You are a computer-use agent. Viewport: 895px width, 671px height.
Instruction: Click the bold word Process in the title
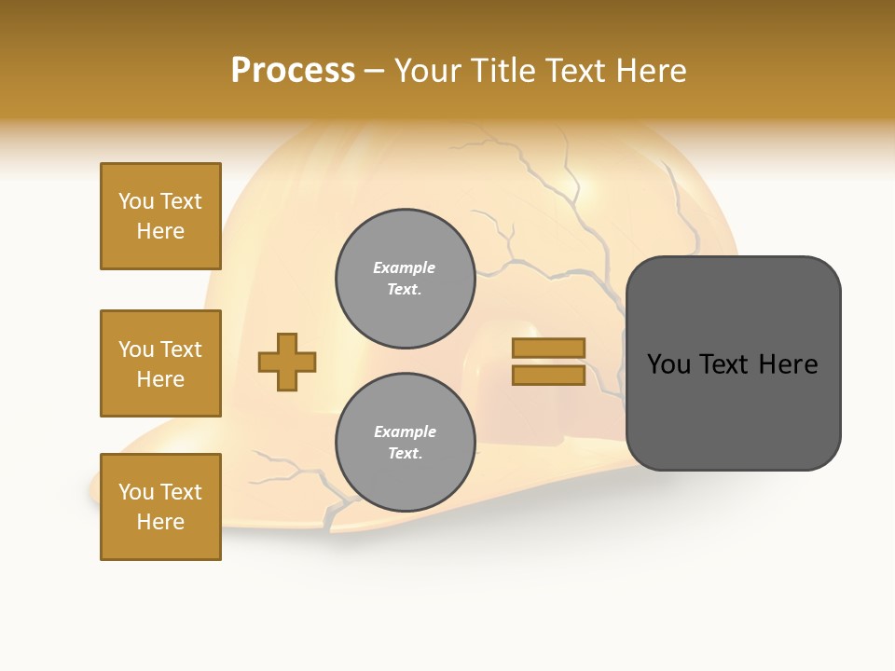click(x=293, y=71)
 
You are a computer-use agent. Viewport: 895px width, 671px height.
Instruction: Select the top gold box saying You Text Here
click(x=160, y=216)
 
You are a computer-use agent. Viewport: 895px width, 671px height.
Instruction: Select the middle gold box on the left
click(x=160, y=363)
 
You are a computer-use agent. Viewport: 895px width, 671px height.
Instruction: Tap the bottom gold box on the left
click(x=160, y=507)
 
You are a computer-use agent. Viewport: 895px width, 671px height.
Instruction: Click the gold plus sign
click(x=287, y=362)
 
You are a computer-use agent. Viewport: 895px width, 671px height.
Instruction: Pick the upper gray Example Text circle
click(x=405, y=278)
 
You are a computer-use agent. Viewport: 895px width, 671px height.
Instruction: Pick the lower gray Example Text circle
click(x=405, y=442)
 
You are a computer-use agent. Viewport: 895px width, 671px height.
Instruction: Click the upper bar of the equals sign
click(x=549, y=348)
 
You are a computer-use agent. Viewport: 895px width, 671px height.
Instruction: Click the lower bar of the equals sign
click(x=549, y=376)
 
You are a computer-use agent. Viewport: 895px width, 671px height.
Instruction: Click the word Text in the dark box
click(x=732, y=364)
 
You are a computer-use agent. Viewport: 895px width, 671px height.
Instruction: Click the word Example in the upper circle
click(x=405, y=267)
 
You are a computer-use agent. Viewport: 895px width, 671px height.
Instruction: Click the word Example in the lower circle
click(x=405, y=431)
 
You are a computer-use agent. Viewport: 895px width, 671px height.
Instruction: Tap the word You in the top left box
click(x=136, y=201)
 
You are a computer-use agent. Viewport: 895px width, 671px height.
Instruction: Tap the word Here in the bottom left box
click(x=160, y=522)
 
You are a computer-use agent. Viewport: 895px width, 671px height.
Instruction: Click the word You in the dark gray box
click(x=668, y=364)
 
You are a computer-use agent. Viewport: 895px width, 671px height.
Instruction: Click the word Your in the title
click(x=427, y=71)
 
